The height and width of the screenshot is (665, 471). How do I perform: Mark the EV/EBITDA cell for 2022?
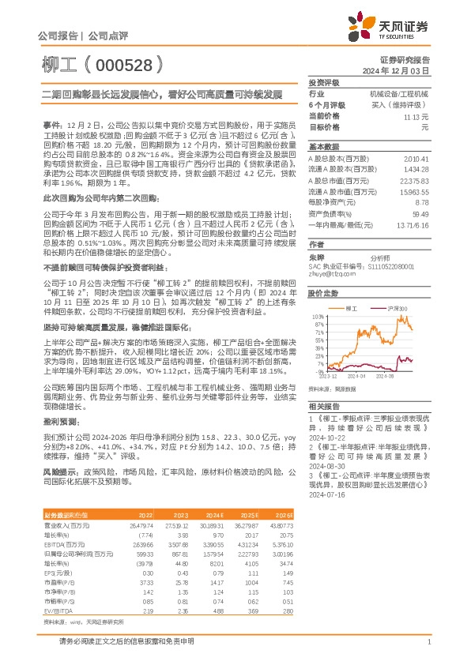click(x=148, y=611)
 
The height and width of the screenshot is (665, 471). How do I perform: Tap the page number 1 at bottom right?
click(x=428, y=643)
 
